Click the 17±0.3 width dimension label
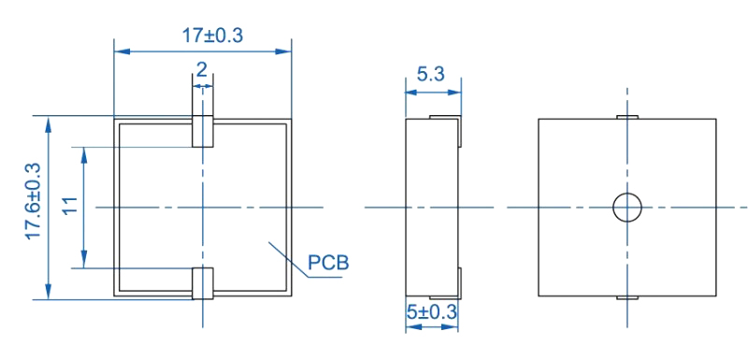(213, 36)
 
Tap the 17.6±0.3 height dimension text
(34, 201)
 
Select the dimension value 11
(69, 206)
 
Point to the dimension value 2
(202, 70)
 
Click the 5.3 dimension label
(431, 74)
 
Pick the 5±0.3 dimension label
(432, 313)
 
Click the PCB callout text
(328, 263)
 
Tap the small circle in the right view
(626, 208)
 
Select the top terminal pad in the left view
(203, 131)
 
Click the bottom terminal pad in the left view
(203, 283)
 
